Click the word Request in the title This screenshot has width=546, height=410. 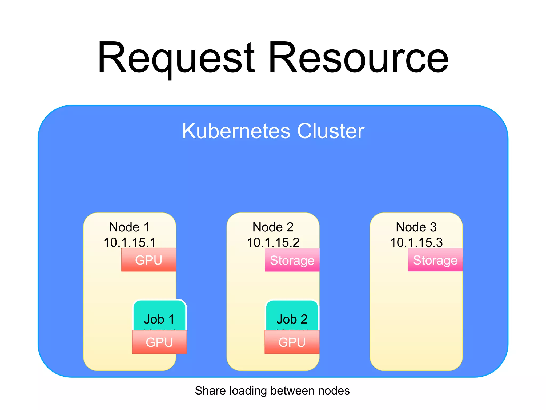176,57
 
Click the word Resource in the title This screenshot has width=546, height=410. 359,57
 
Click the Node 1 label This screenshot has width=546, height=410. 130,227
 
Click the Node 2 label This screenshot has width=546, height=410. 273,227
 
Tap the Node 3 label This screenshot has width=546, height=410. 416,227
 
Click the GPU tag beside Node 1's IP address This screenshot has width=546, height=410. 148,260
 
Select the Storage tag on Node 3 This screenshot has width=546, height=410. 435,260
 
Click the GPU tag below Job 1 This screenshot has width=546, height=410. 159,342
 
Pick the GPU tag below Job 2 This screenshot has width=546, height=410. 292,342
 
